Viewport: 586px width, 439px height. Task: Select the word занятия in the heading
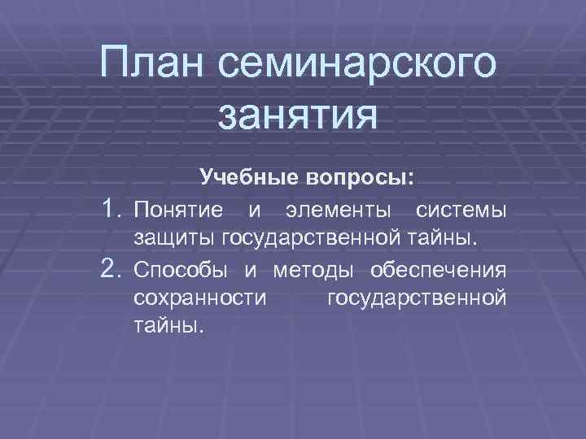point(298,114)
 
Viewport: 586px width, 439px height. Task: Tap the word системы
point(461,211)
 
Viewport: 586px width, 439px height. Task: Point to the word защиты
point(172,240)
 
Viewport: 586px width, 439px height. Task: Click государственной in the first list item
point(311,240)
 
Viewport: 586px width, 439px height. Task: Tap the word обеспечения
point(438,269)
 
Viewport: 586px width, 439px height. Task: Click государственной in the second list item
point(416,297)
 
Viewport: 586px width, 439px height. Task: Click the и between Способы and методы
point(252,269)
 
